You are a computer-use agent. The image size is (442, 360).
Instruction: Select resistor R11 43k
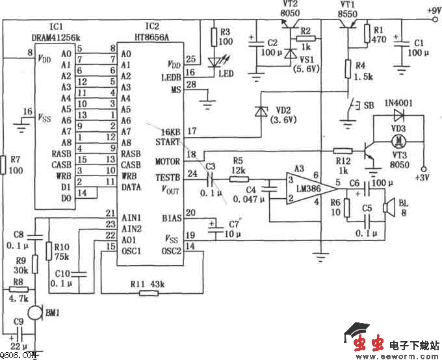pos(149,293)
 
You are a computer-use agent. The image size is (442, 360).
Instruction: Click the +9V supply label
pos(433,10)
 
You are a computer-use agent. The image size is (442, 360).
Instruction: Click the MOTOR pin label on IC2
pos(168,161)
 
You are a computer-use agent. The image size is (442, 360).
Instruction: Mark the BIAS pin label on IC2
pos(172,218)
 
